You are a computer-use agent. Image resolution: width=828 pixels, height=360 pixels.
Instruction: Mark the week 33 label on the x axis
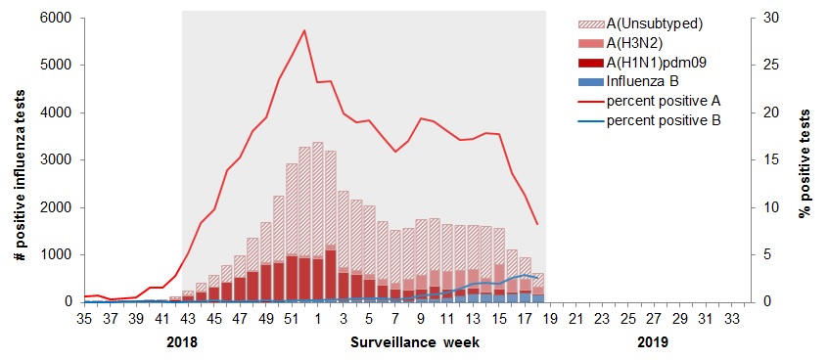(731, 318)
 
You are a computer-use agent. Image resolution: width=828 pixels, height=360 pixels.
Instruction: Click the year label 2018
(181, 343)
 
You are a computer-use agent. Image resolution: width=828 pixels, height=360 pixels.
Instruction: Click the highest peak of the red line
(304, 30)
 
